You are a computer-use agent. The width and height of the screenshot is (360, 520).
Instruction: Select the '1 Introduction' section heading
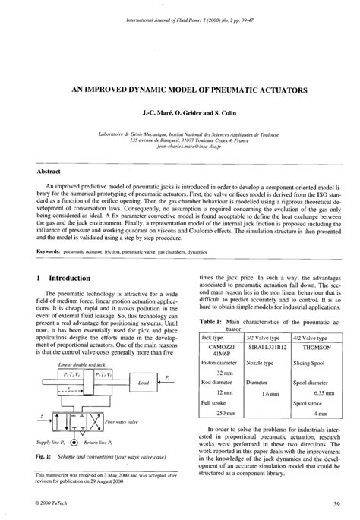click(63, 278)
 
